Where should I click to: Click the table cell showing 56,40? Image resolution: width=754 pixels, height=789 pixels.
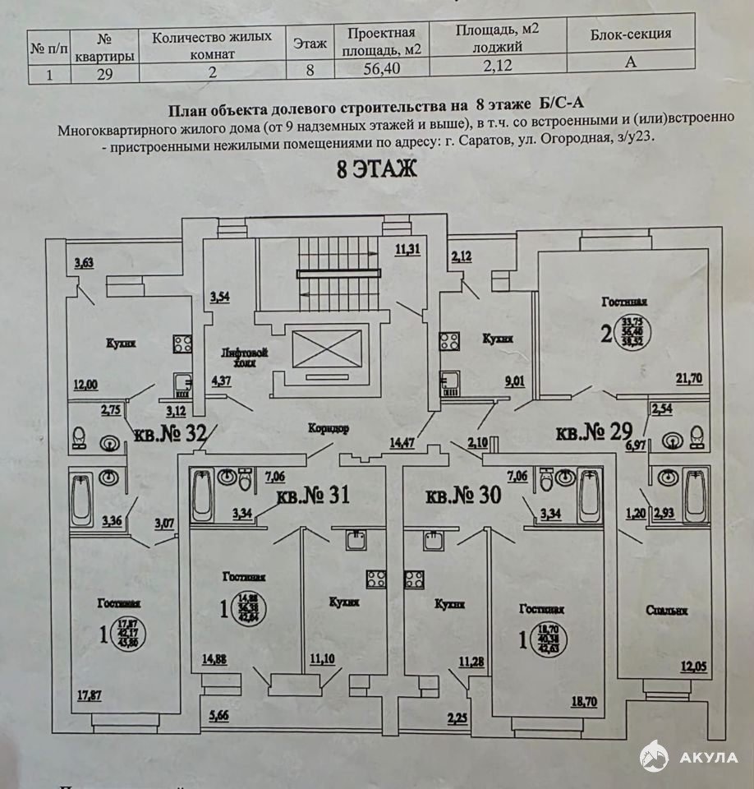click(x=384, y=69)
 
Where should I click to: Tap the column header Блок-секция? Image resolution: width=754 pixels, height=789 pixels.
click(x=630, y=34)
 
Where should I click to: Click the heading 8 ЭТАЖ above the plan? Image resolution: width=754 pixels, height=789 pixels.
click(x=377, y=170)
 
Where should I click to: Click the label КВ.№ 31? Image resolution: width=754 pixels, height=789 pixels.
click(x=313, y=496)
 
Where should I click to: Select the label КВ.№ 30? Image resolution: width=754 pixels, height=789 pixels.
click(x=464, y=496)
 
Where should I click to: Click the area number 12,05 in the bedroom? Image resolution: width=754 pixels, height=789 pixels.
click(x=693, y=665)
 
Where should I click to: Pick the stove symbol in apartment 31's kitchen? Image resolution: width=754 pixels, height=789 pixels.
click(x=375, y=578)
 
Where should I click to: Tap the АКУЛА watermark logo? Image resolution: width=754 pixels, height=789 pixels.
click(x=690, y=757)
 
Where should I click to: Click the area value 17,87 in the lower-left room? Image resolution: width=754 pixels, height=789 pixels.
click(x=91, y=695)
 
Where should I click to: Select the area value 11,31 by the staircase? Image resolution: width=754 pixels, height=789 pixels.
click(x=407, y=249)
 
